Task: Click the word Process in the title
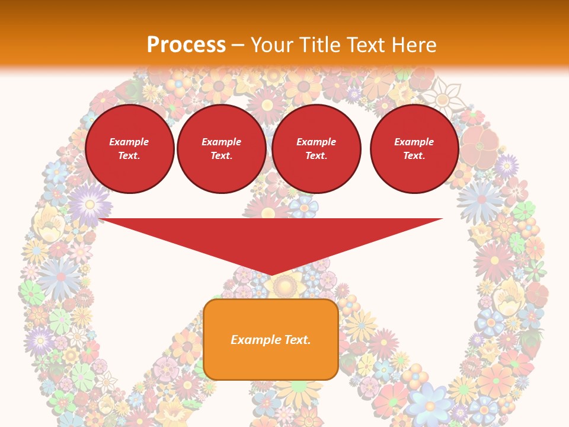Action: [186, 44]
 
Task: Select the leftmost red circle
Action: [130, 149]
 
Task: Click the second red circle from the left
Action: [222, 149]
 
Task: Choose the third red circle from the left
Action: [317, 149]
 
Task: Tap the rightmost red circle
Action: [414, 149]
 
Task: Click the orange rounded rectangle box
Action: [271, 339]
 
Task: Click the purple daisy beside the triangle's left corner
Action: [88, 203]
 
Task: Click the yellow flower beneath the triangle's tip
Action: [284, 286]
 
